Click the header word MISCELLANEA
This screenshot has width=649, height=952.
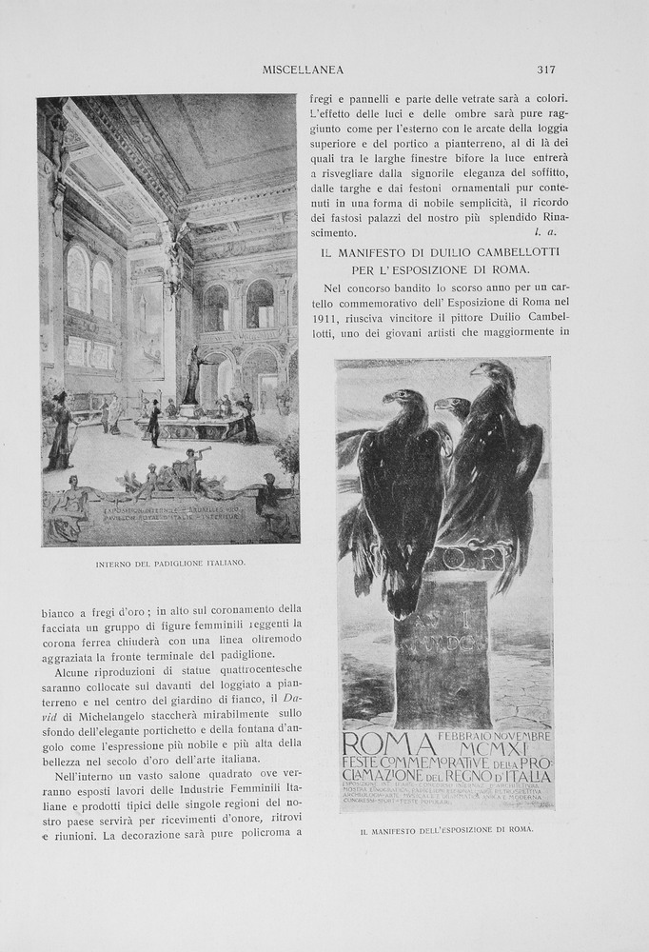coord(303,69)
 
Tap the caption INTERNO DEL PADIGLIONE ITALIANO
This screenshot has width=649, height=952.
coord(170,564)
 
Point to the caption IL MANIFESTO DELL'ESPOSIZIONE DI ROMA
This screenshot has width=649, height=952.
coord(446,830)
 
